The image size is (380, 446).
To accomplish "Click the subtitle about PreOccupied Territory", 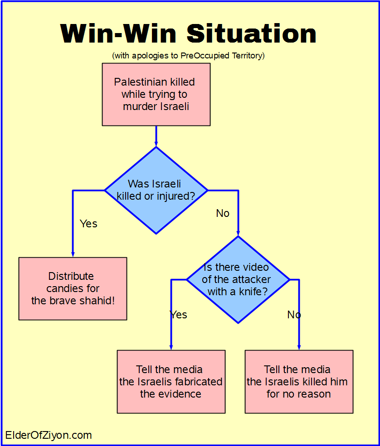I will click(x=188, y=56).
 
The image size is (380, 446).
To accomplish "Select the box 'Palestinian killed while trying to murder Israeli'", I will click(x=156, y=94).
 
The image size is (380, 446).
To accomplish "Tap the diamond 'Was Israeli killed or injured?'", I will click(x=156, y=190).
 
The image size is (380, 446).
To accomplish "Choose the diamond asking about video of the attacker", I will click(x=238, y=279).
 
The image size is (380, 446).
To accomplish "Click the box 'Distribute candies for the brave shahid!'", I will click(x=73, y=288).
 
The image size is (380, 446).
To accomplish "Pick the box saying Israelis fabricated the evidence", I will click(x=171, y=381).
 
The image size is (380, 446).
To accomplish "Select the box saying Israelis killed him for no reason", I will click(x=299, y=381).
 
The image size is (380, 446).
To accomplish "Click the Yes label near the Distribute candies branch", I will click(x=88, y=224).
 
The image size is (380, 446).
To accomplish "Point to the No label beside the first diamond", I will click(x=223, y=213).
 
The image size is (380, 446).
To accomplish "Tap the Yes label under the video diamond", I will click(x=178, y=315).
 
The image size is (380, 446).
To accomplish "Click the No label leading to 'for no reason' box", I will click(x=294, y=315).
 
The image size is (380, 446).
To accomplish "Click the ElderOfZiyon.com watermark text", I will click(x=49, y=436).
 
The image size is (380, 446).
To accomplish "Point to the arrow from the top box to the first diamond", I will click(x=156, y=136).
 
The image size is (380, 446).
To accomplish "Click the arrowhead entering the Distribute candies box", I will click(x=73, y=254).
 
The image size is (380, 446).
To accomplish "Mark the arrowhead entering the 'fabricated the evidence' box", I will click(x=171, y=346).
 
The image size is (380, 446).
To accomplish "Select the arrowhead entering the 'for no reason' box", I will click(x=299, y=346).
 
